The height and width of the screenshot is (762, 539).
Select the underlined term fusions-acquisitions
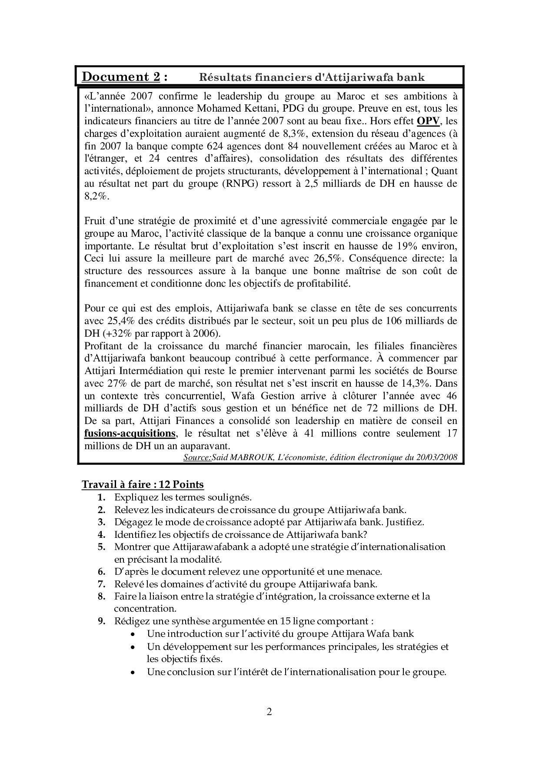pos(130,433)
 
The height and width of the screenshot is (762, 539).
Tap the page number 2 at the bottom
pos(269,712)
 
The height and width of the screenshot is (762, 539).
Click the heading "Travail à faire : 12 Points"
pos(143,484)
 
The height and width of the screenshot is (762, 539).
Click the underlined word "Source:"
pos(197,457)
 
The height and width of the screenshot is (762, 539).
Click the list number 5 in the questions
pos(101,547)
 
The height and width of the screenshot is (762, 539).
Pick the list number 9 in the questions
pos(101,621)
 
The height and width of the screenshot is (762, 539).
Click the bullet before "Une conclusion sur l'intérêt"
pos(133,673)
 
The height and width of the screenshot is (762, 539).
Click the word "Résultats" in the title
pos(223,77)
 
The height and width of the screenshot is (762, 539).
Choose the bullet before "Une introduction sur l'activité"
pos(133,634)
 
